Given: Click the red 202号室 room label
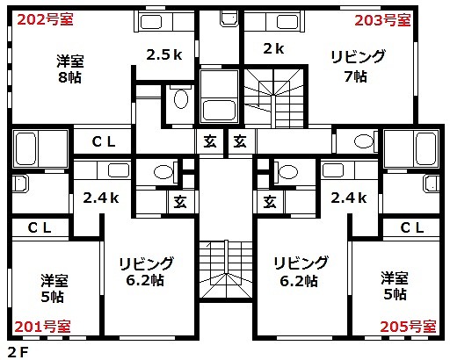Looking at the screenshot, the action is tap(45, 20).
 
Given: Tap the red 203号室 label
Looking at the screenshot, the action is tap(382, 20).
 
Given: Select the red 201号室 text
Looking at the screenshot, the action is tap(43, 327).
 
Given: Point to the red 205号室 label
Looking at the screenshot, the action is tap(408, 327).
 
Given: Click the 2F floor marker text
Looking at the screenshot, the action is tap(18, 352).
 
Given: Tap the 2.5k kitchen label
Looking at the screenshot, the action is tap(164, 54).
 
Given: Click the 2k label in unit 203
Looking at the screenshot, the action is tap(273, 48).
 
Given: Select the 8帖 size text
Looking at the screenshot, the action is tap(69, 77).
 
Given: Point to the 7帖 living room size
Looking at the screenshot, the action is tap(355, 76).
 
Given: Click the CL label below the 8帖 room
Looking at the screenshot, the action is tap(104, 142).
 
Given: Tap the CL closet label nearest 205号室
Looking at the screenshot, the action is tap(412, 227).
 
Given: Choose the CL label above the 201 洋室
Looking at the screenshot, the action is tap(40, 227).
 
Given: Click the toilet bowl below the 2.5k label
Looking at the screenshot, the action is tap(181, 98).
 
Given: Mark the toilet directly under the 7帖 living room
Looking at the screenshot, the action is tap(364, 141).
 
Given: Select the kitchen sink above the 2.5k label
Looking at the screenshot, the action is tap(151, 22).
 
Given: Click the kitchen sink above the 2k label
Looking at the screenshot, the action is tap(287, 22).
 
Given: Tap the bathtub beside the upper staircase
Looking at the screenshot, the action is tap(219, 111).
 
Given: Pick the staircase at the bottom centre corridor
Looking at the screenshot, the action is tap(226, 270).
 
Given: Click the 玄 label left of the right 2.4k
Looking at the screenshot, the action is tap(270, 202).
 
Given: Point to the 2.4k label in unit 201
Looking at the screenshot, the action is tap(101, 198).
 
